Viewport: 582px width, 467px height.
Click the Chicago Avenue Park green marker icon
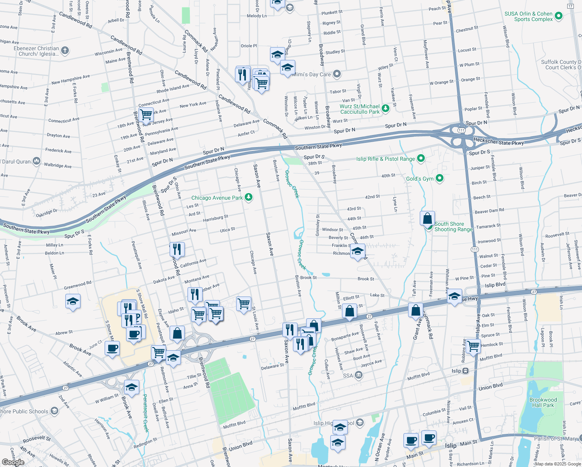pyautogui.click(x=249, y=198)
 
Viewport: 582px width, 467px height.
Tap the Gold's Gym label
pyautogui.click(x=420, y=179)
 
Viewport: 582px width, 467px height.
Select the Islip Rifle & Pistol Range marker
pyautogui.click(x=421, y=158)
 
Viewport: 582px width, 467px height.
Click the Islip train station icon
pyautogui.click(x=466, y=371)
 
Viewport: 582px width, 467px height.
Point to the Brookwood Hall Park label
pyautogui.click(x=543, y=402)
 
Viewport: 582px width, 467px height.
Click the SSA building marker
pyautogui.click(x=359, y=376)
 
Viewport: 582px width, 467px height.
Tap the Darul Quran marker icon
pyautogui.click(x=36, y=161)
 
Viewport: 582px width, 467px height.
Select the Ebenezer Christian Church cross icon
pyautogui.click(x=65, y=51)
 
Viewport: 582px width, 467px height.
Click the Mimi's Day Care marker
pyautogui.click(x=337, y=74)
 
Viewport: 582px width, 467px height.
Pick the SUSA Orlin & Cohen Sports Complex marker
pyautogui.click(x=559, y=16)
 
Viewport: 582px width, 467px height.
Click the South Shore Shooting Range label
pyautogui.click(x=453, y=226)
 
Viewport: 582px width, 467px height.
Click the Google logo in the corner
pyautogui.click(x=13, y=462)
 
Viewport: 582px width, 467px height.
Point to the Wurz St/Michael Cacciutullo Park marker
pyautogui.click(x=385, y=109)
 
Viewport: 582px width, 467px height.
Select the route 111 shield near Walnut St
pyautogui.click(x=475, y=249)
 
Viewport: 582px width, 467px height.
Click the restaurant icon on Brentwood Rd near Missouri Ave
pyautogui.click(x=177, y=249)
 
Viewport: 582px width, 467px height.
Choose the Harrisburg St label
pyautogui.click(x=215, y=219)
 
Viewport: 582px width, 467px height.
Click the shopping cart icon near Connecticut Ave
pyautogui.click(x=146, y=115)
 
